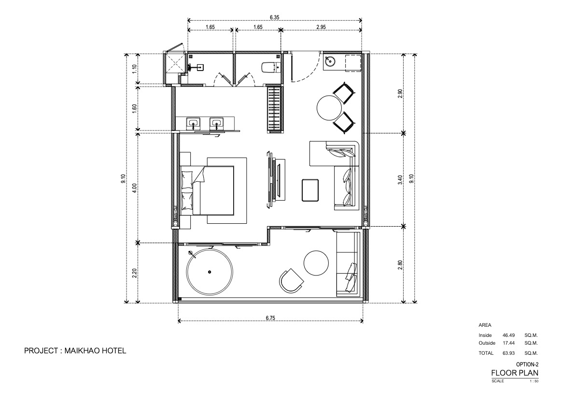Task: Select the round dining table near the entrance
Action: pos(330,108)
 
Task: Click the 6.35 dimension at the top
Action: pos(274,17)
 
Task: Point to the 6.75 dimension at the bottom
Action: pos(270,318)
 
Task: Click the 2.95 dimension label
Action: pos(321,27)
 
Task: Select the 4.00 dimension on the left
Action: pos(134,188)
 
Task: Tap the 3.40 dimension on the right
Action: pos(400,179)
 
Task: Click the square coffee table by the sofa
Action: pos(310,190)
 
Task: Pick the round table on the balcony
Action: pos(316,263)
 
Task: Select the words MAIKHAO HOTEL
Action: pos(95,351)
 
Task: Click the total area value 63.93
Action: pos(509,353)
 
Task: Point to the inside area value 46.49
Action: pos(509,335)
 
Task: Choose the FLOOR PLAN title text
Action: pos(515,373)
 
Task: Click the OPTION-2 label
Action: pos(527,364)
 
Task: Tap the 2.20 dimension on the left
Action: pos(134,274)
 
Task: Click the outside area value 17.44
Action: pos(509,343)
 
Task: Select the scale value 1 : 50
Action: pos(534,381)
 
